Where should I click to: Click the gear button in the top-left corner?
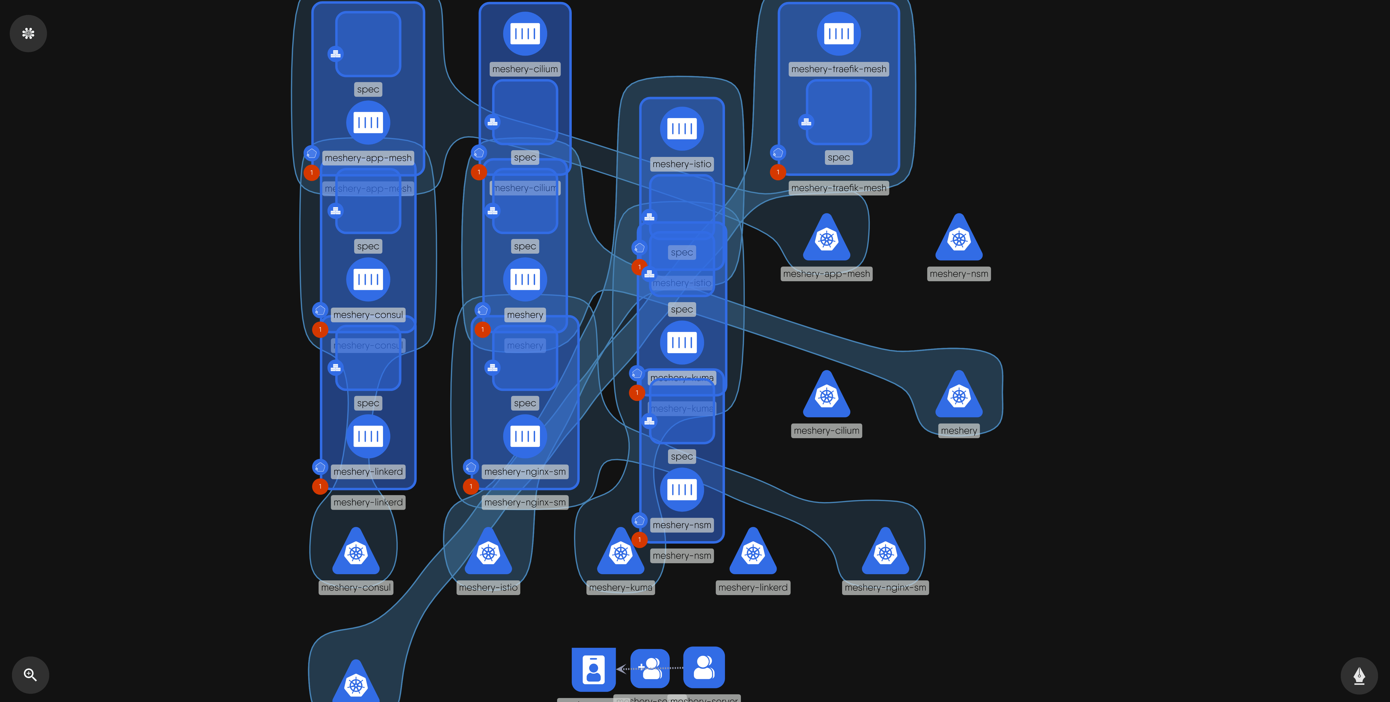pyautogui.click(x=28, y=34)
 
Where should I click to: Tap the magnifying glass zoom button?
pyautogui.click(x=30, y=674)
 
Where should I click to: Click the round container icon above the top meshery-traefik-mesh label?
pyautogui.click(x=839, y=34)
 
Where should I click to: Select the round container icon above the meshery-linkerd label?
pyautogui.click(x=368, y=436)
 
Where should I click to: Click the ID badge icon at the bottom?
pyautogui.click(x=594, y=669)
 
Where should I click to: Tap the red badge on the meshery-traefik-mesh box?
pyautogui.click(x=777, y=172)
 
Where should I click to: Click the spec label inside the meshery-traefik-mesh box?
pyautogui.click(x=839, y=158)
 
